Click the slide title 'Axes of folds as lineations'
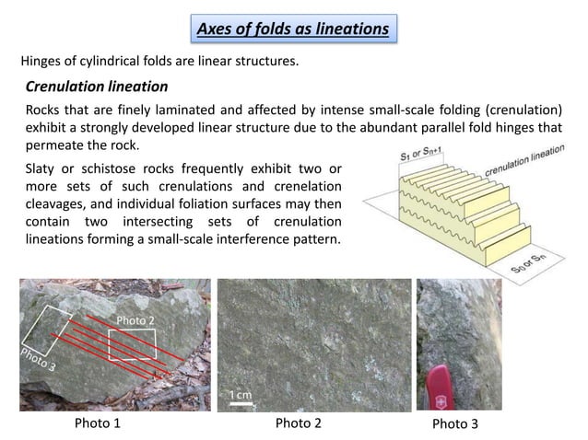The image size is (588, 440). [x=293, y=29]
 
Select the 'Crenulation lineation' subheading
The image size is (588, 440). [x=96, y=87]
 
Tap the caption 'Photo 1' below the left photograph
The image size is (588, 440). [x=97, y=424]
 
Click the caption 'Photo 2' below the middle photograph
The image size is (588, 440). [x=299, y=424]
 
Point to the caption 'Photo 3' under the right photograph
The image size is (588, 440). [x=455, y=424]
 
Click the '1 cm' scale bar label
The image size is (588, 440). [x=241, y=394]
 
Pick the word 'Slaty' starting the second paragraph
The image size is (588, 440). [x=41, y=170]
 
